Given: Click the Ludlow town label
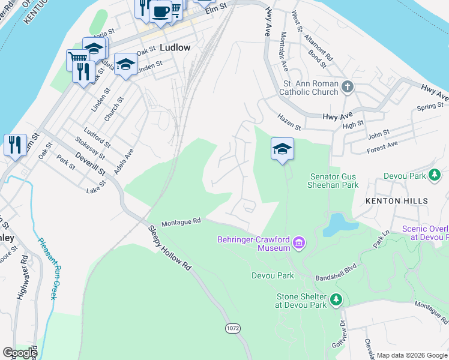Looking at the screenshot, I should click(175, 47).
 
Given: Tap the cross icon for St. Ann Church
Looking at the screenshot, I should click(347, 88).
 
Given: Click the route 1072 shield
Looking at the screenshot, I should click(234, 328).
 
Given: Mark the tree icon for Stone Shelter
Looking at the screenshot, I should click(337, 299).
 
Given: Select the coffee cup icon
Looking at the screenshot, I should click(160, 11).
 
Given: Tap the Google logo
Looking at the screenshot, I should click(20, 353).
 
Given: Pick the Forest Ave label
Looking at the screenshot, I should click(382, 145).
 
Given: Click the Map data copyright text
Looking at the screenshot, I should click(412, 355).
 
